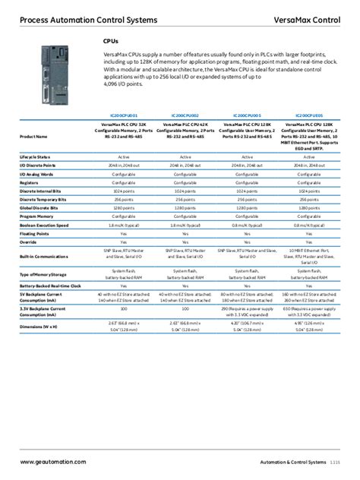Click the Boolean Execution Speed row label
(x=43, y=225)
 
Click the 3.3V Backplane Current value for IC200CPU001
(x=123, y=311)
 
